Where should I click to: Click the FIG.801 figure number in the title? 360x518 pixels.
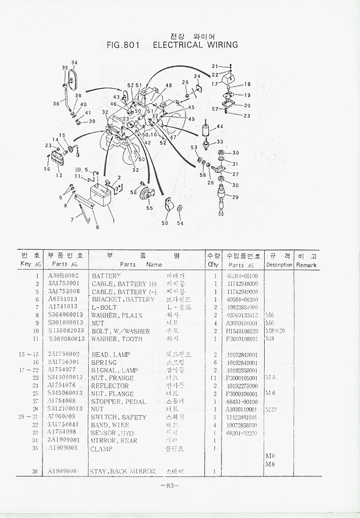point(123,45)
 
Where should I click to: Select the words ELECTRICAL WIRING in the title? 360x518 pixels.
point(195,45)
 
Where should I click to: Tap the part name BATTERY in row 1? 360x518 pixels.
point(106,276)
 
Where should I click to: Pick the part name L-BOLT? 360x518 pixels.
point(104,307)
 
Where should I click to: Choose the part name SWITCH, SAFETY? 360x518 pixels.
point(119,417)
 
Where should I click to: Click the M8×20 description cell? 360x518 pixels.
point(276,331)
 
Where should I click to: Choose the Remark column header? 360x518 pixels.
point(306,265)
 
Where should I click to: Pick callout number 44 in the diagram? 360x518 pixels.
point(220,126)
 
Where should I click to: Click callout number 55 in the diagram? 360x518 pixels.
point(150,208)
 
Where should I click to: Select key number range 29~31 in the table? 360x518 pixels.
point(28,417)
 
